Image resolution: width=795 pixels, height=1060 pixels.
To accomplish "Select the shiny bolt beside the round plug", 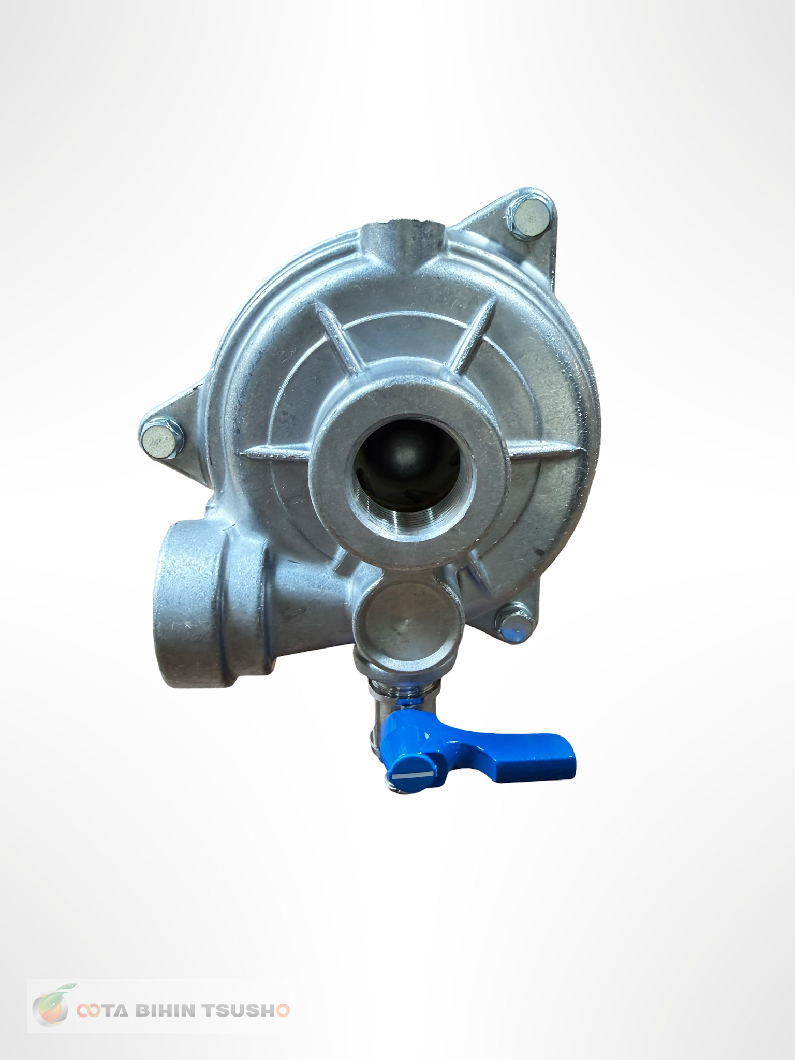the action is tap(514, 627).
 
